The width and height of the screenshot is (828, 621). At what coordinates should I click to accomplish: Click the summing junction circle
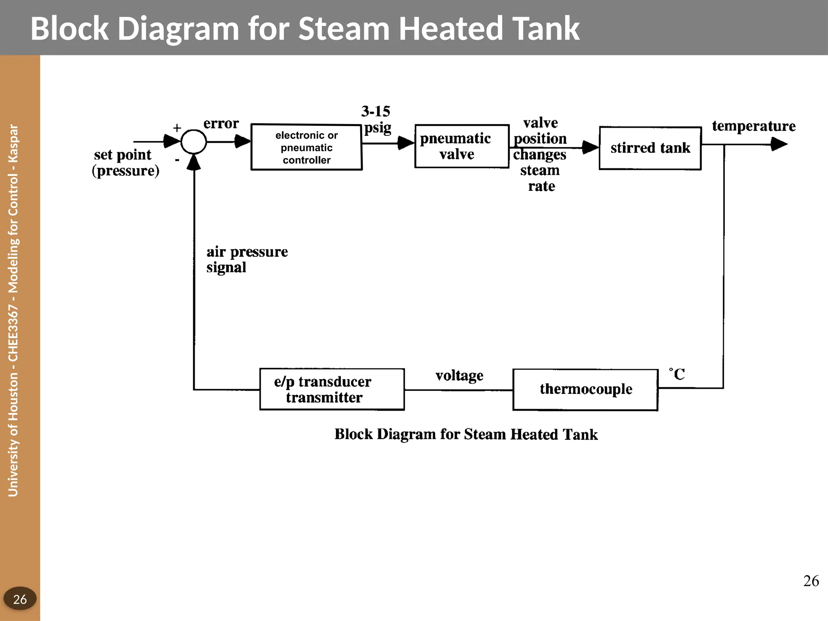click(194, 142)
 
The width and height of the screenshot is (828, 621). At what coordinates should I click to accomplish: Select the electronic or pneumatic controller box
click(306, 147)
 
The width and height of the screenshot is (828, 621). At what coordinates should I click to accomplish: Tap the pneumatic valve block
click(462, 146)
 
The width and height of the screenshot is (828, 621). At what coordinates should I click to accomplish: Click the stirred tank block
click(650, 148)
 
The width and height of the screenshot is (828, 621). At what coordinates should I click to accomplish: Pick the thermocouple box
click(585, 389)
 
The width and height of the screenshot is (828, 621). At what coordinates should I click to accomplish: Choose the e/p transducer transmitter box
click(332, 389)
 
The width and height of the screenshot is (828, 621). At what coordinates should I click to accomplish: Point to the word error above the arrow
click(221, 124)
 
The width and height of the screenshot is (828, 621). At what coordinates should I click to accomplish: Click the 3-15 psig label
click(376, 119)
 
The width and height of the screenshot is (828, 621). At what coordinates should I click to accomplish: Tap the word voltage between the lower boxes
click(459, 376)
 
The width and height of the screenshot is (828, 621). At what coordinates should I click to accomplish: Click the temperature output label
click(754, 126)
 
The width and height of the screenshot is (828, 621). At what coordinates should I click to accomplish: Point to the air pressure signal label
click(247, 259)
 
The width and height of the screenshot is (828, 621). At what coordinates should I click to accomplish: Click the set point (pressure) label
click(125, 163)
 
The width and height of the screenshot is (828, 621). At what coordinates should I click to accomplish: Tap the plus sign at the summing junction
click(177, 128)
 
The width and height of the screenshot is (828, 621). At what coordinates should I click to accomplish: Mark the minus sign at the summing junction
click(177, 160)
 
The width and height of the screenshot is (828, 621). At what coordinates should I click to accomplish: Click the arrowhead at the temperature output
click(779, 144)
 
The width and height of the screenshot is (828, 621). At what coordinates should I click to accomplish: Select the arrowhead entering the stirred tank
click(590, 148)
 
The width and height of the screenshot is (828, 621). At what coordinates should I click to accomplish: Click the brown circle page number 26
click(20, 599)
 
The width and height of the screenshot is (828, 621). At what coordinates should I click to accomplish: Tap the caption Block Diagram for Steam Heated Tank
click(466, 435)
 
